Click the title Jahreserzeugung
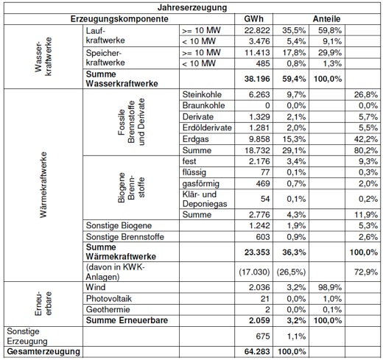[x=192, y=7]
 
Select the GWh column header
[x=253, y=19]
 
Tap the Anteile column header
[x=326, y=19]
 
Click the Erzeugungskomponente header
[x=119, y=19]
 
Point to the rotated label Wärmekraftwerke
[x=43, y=185]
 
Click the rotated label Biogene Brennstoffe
[x=131, y=188]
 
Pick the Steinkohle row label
[x=202, y=94]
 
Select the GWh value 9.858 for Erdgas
[x=259, y=139]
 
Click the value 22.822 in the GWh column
[x=257, y=30]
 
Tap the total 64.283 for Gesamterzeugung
[x=257, y=352]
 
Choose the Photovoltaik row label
[x=109, y=299]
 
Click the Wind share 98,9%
[x=330, y=287]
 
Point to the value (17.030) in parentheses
[x=254, y=272]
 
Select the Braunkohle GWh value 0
[x=267, y=105]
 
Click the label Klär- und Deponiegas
[x=205, y=199]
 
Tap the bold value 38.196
[x=257, y=79]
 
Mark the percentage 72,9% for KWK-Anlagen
[x=366, y=272]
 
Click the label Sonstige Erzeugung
[x=27, y=336]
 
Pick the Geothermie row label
[x=108, y=309]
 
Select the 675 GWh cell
[x=263, y=336]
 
